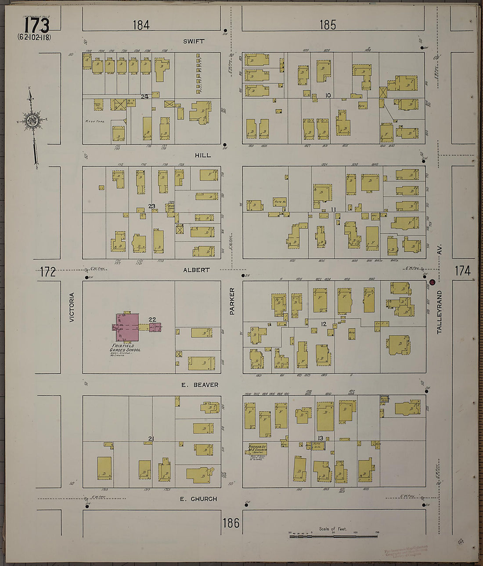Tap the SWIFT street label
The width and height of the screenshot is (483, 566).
[194, 41]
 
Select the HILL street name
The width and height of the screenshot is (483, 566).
[202, 155]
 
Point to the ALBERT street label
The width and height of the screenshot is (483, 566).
[196, 270]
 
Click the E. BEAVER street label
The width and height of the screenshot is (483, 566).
[200, 385]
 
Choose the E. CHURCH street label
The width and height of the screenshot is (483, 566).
[198, 499]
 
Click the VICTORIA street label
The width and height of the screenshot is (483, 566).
[72, 307]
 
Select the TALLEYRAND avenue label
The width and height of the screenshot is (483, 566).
[439, 312]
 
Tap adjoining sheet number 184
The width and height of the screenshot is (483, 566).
[141, 25]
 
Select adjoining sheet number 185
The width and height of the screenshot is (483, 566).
[328, 25]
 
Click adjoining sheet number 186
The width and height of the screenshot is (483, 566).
[231, 523]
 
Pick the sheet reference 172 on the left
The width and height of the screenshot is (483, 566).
[47, 272]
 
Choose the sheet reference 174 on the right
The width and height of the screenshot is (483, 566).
[462, 271]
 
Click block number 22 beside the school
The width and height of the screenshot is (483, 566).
[152, 319]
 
